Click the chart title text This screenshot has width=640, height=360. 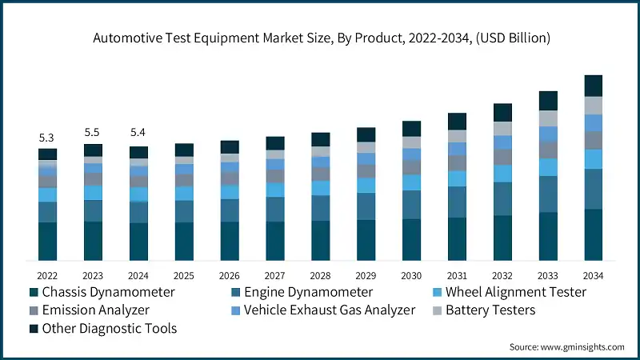pyautogui.click(x=320, y=38)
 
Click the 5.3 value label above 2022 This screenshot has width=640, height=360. pyautogui.click(x=47, y=138)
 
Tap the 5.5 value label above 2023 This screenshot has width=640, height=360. pyautogui.click(x=93, y=132)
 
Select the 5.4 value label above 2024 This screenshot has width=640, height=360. pyautogui.click(x=138, y=132)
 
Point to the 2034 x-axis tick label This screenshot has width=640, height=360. pyautogui.click(x=593, y=275)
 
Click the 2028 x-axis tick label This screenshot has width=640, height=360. pyautogui.click(x=320, y=275)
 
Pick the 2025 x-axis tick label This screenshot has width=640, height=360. pyautogui.click(x=184, y=275)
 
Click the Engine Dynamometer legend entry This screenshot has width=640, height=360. pyautogui.click(x=301, y=292)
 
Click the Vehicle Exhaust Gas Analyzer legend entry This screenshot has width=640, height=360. pyautogui.click(x=329, y=310)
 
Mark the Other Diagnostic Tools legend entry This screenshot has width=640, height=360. pyautogui.click(x=109, y=328)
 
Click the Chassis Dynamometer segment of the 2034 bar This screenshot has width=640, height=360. pyautogui.click(x=593, y=234)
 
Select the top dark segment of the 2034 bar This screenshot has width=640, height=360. pyautogui.click(x=593, y=86)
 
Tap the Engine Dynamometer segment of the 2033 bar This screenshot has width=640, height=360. pyautogui.click(x=547, y=194)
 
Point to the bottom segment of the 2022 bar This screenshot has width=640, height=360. pyautogui.click(x=47, y=241)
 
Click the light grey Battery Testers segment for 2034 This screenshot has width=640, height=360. pyautogui.click(x=593, y=105)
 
